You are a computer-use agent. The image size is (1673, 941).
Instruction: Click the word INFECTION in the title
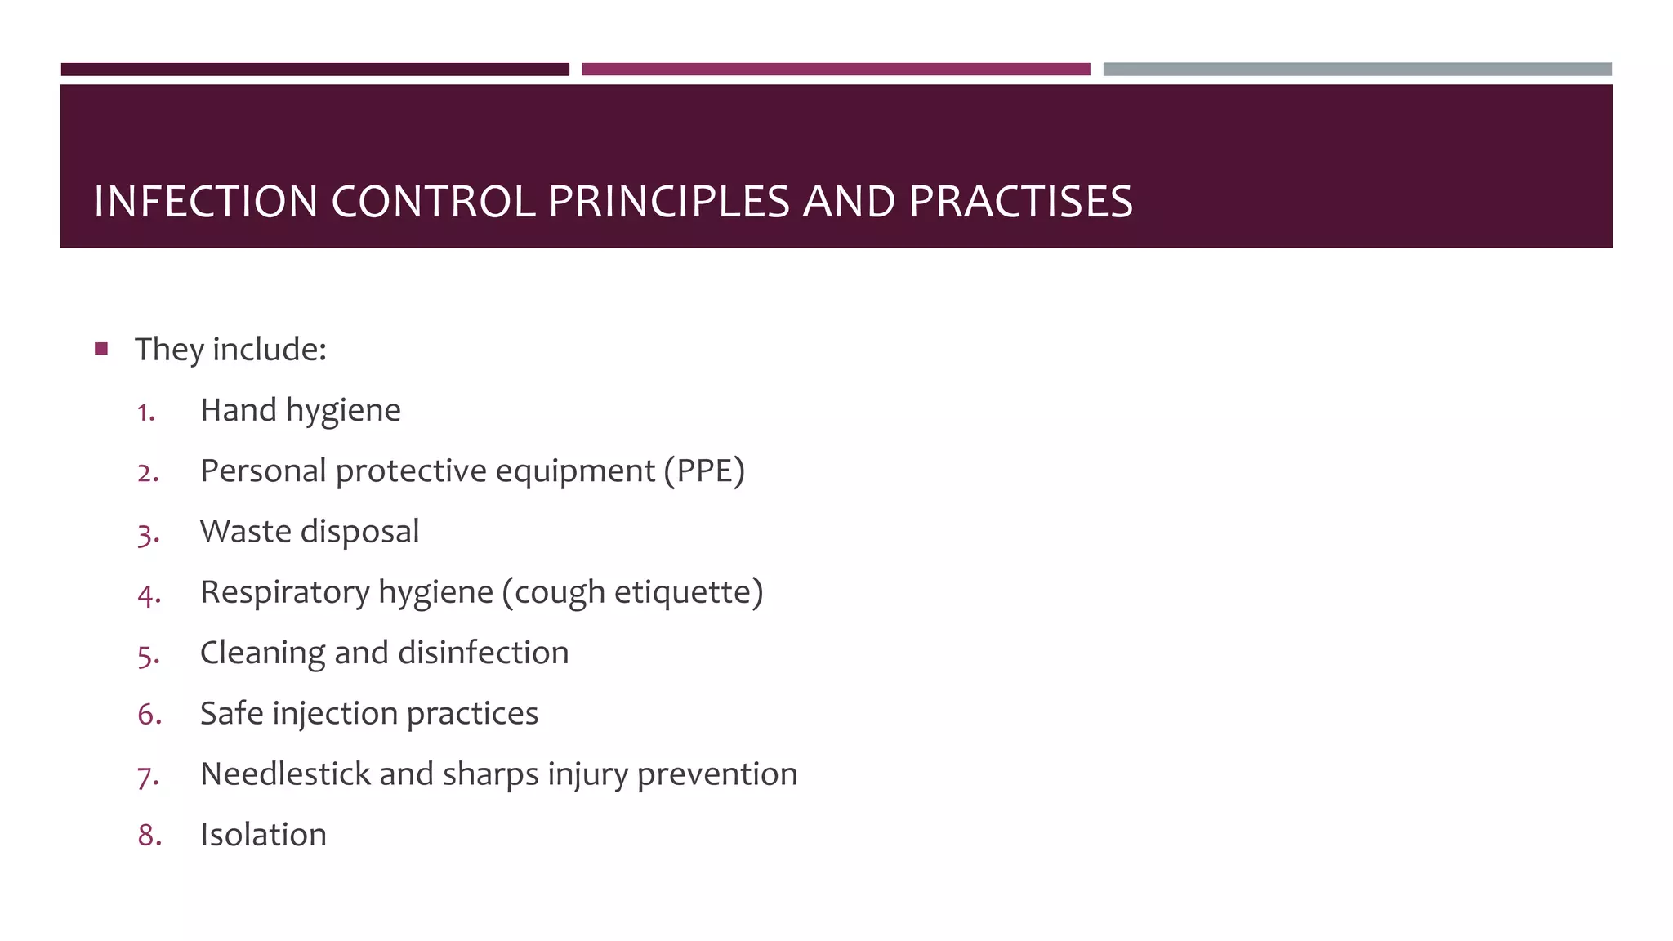point(205,202)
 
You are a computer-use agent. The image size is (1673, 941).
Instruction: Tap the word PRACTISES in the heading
point(1020,202)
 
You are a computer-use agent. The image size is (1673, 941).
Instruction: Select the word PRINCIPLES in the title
point(668,202)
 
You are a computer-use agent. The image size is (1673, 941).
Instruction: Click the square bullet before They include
point(101,350)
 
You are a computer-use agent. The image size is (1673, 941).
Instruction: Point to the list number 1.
point(145,413)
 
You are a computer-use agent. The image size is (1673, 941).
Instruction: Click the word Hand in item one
point(238,410)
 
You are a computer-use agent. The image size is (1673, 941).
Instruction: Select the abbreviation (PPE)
point(704,471)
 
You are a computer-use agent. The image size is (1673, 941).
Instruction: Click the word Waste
point(246,532)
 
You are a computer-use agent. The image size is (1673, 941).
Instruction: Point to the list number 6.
point(149,715)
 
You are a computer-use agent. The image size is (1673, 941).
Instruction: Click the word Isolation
point(263,835)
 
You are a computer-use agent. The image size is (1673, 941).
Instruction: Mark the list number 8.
point(149,836)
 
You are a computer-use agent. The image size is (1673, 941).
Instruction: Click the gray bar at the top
point(1357,69)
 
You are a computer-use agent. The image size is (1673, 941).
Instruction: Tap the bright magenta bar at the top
point(836,69)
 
